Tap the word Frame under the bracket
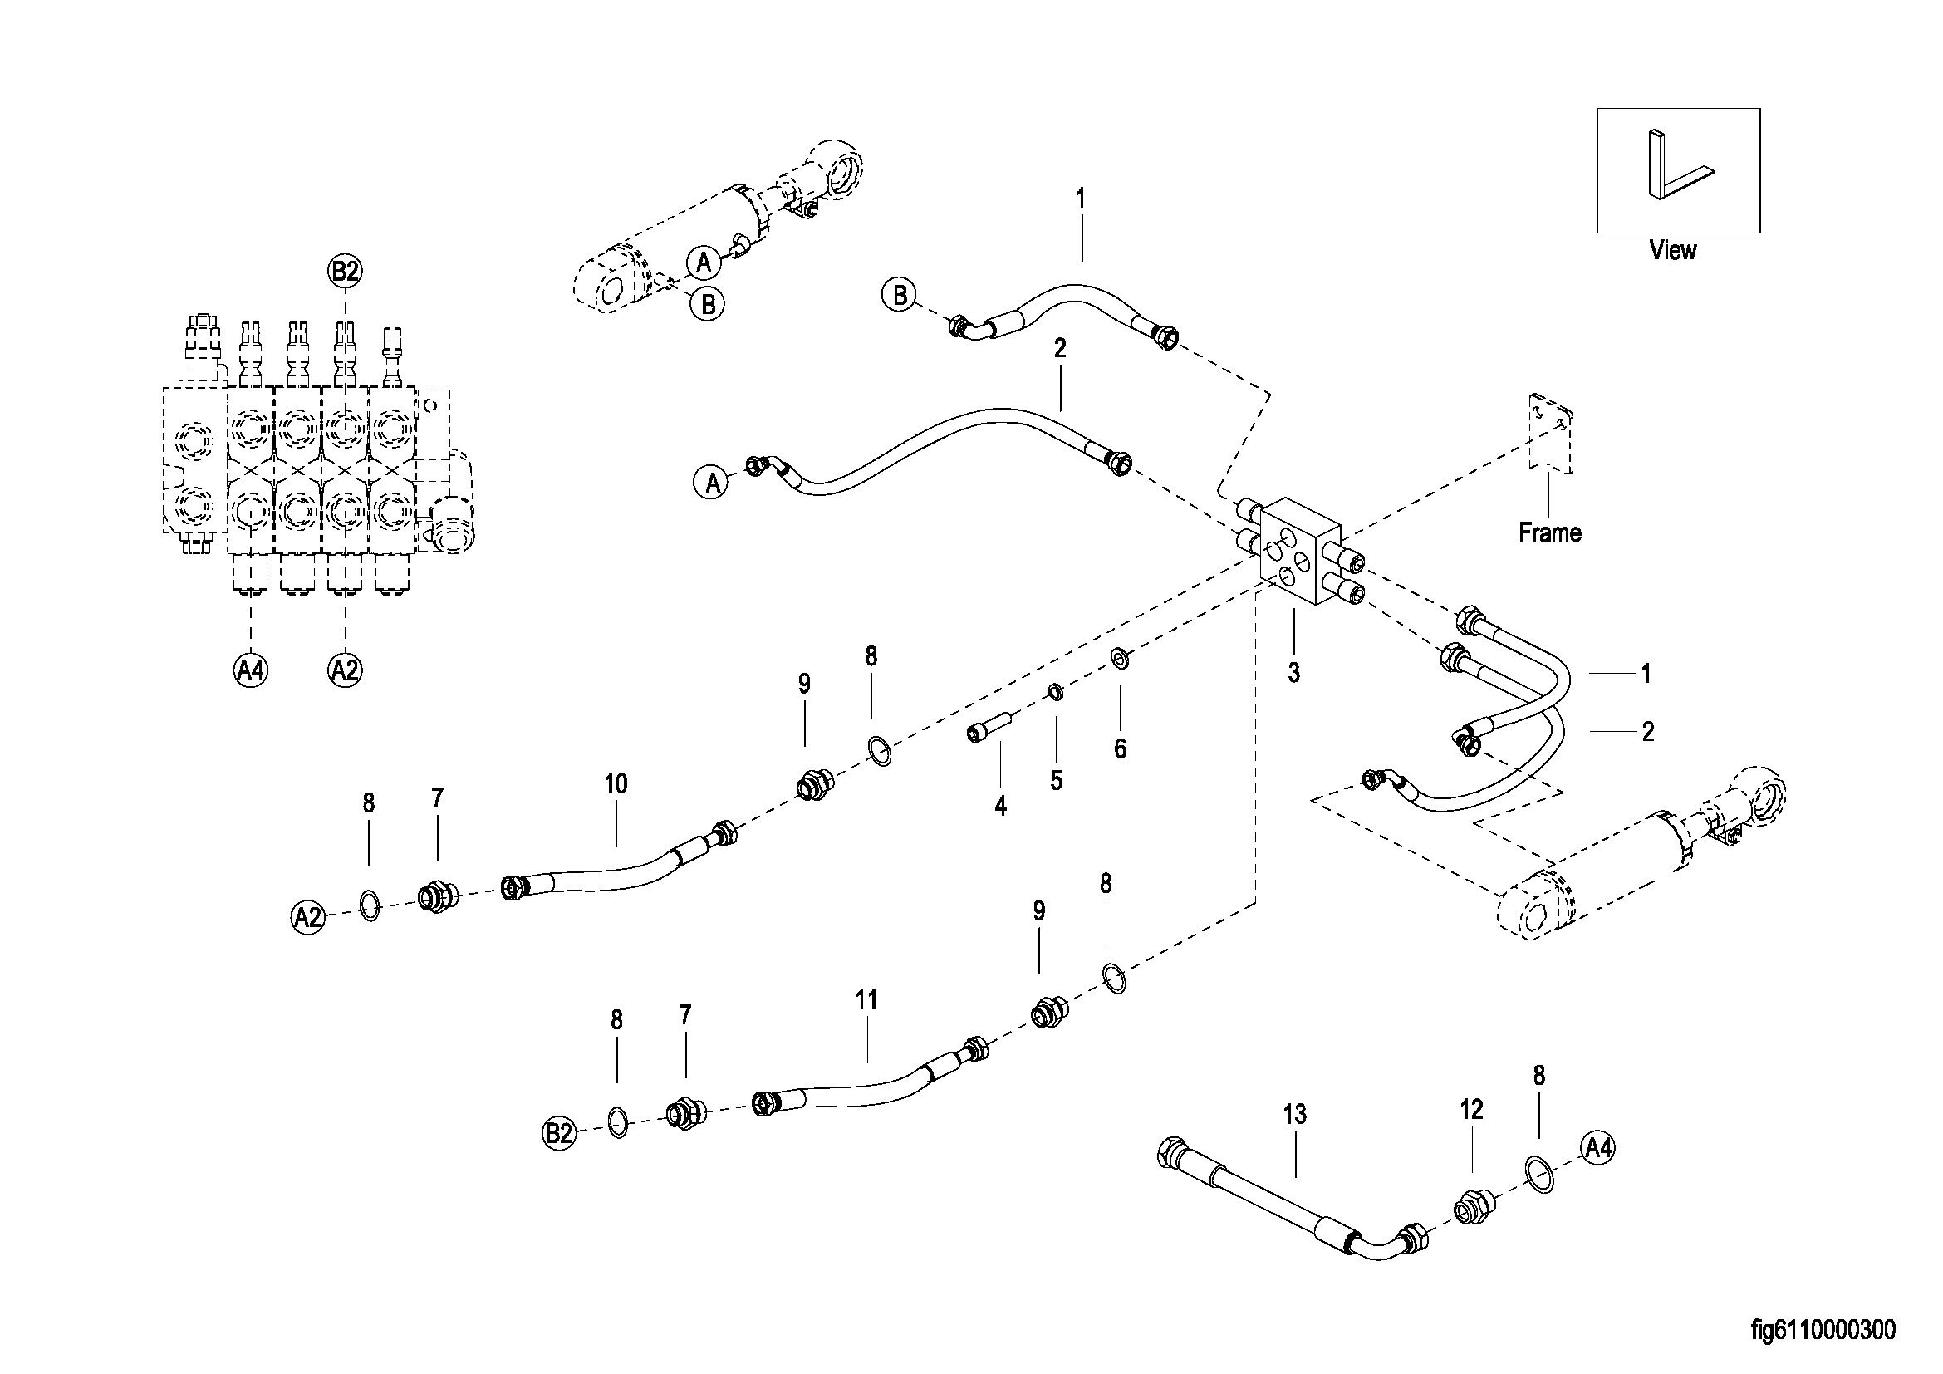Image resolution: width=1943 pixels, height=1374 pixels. (1549, 533)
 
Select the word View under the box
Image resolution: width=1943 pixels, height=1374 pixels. (1672, 250)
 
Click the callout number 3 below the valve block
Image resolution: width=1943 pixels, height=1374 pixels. (1294, 673)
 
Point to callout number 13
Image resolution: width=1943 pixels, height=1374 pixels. (1295, 1115)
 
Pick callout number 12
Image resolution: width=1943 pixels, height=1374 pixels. (1472, 1110)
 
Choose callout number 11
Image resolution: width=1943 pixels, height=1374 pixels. (866, 1000)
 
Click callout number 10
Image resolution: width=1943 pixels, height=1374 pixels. (616, 784)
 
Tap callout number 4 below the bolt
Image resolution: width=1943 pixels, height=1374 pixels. (1000, 807)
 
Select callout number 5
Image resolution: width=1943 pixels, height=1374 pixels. (1056, 780)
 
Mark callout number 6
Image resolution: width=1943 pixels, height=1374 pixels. (1121, 748)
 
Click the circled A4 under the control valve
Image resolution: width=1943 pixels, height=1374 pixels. (251, 670)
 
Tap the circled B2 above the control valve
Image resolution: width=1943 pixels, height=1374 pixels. (345, 272)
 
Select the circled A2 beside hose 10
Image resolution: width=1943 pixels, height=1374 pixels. (308, 916)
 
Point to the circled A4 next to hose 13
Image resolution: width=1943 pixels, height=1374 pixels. (1597, 1148)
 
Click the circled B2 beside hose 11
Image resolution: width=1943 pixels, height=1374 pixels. (559, 1134)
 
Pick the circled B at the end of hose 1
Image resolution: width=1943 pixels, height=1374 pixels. (899, 295)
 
